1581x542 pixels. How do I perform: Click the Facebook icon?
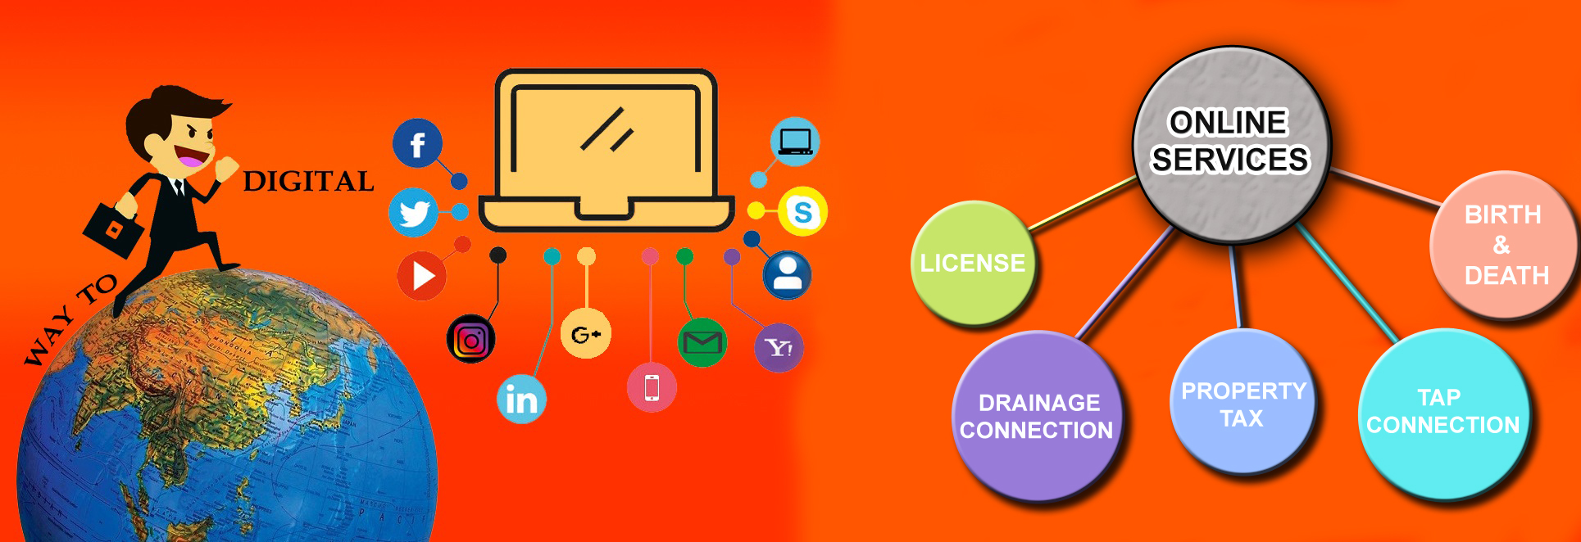coord(417,144)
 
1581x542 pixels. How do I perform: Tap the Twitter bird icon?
coord(413,213)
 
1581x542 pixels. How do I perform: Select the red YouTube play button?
coord(421,276)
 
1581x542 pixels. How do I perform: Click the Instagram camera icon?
coord(470,339)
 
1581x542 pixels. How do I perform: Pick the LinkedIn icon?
coord(521,400)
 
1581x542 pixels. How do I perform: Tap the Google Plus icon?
coord(585,334)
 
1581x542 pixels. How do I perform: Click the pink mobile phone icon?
coord(652,387)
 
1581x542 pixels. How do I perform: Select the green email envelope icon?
coord(702,342)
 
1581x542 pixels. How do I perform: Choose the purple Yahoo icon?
coord(779,348)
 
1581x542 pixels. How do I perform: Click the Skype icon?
coord(802,212)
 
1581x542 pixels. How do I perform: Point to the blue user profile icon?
coord(787,275)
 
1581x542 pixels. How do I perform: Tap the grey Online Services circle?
coord(1231,143)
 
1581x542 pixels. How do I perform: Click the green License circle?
coord(973,264)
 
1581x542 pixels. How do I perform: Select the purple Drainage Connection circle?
coord(1037,416)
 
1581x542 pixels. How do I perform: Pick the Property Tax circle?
coord(1243,404)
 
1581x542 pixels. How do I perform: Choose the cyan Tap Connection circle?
coord(1443,413)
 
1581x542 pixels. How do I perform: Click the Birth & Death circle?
coord(1505,245)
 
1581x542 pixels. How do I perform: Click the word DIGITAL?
coord(308,182)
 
